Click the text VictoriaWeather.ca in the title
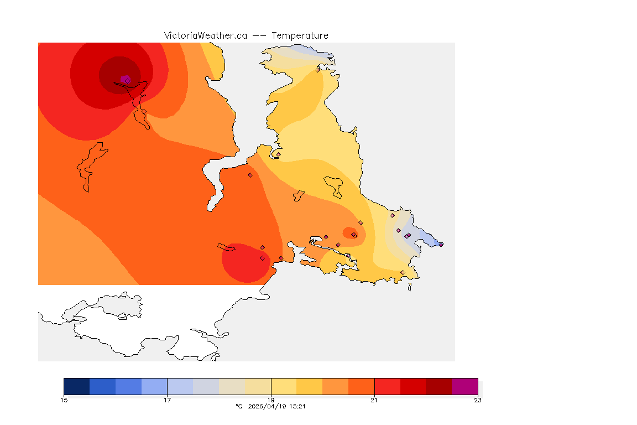[205, 35]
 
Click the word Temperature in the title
[300, 35]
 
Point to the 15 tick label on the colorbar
[64, 400]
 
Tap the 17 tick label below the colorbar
[167, 400]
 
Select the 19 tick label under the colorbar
[271, 400]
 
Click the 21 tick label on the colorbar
[374, 400]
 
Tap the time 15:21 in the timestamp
[297, 406]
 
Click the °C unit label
[239, 406]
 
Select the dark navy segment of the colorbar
[76, 386]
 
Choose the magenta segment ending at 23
[464, 386]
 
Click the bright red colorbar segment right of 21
[387, 386]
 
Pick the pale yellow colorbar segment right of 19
[284, 386]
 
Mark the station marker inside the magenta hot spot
[127, 80]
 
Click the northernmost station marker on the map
[317, 70]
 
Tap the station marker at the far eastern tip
[441, 244]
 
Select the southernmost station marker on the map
[403, 272]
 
